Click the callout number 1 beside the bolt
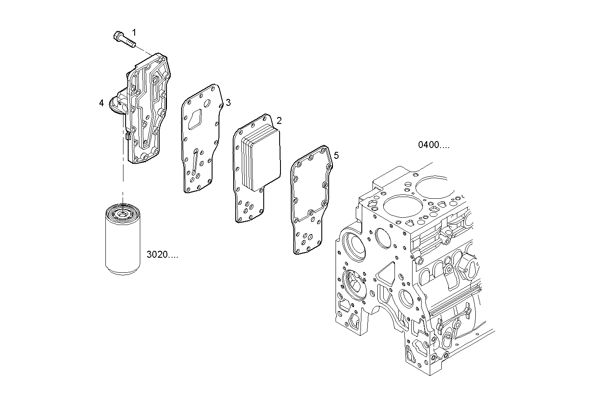[x=134, y=32]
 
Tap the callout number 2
[x=279, y=120]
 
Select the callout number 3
[x=228, y=102]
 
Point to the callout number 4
[x=101, y=103]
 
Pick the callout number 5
[x=336, y=155]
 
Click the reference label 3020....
[x=162, y=255]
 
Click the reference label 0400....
[x=434, y=145]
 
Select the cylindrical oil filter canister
[x=123, y=243]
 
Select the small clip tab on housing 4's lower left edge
[x=128, y=136]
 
